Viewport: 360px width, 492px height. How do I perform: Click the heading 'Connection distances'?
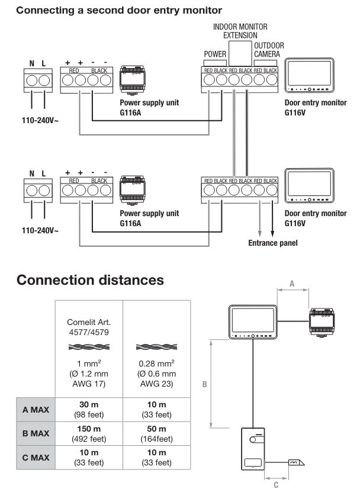click(x=91, y=280)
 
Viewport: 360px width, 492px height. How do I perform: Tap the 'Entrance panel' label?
click(x=272, y=243)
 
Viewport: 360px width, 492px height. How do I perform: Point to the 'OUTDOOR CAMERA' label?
click(x=269, y=50)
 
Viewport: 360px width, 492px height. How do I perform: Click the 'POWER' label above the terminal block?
click(x=215, y=54)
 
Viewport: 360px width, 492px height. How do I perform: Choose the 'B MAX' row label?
click(x=36, y=433)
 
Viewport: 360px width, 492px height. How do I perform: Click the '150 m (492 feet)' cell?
click(x=88, y=433)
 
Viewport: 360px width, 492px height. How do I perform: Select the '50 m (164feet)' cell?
click(x=156, y=433)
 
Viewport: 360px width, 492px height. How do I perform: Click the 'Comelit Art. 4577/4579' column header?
click(x=89, y=328)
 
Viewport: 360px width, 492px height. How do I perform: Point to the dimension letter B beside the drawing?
click(x=204, y=384)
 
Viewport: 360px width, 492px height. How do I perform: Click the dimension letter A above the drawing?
click(x=292, y=284)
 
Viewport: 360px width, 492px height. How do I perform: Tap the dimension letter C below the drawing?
click(x=276, y=484)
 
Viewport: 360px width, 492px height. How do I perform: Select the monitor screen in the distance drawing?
click(x=254, y=320)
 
